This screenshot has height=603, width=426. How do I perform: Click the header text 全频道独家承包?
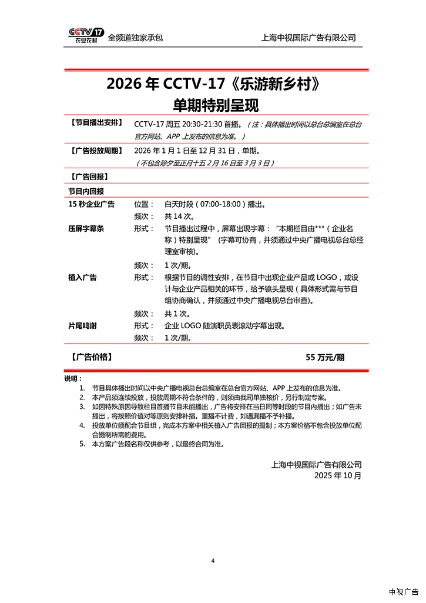(x=135, y=38)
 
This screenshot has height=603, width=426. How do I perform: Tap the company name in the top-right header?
(x=308, y=38)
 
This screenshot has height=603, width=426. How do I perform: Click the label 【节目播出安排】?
(x=96, y=124)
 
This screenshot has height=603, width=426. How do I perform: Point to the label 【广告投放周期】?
(x=96, y=151)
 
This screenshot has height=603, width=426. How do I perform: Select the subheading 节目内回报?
(x=86, y=191)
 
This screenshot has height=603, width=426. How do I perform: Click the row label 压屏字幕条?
(x=86, y=228)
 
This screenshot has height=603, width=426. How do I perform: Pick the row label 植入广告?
(x=82, y=277)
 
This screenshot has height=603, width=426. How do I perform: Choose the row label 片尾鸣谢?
(x=82, y=325)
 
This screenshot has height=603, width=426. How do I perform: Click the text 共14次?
(x=179, y=216)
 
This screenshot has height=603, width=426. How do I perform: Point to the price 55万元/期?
(x=325, y=357)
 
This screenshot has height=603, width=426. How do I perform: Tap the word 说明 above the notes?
(x=73, y=378)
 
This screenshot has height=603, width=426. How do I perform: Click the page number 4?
(x=213, y=561)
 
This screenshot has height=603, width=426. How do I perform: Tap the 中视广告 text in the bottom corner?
(x=404, y=591)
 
